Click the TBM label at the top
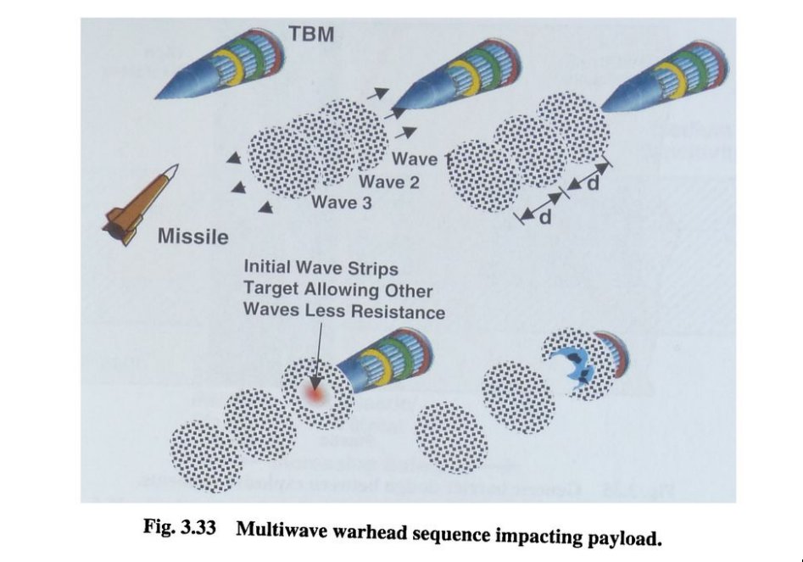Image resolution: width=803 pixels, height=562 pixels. pos(311,35)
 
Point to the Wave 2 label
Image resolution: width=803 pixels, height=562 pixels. pos(388,181)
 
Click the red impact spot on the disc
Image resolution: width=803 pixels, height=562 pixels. pos(316,392)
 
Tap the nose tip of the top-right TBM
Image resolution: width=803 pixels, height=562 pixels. pos(602,110)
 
